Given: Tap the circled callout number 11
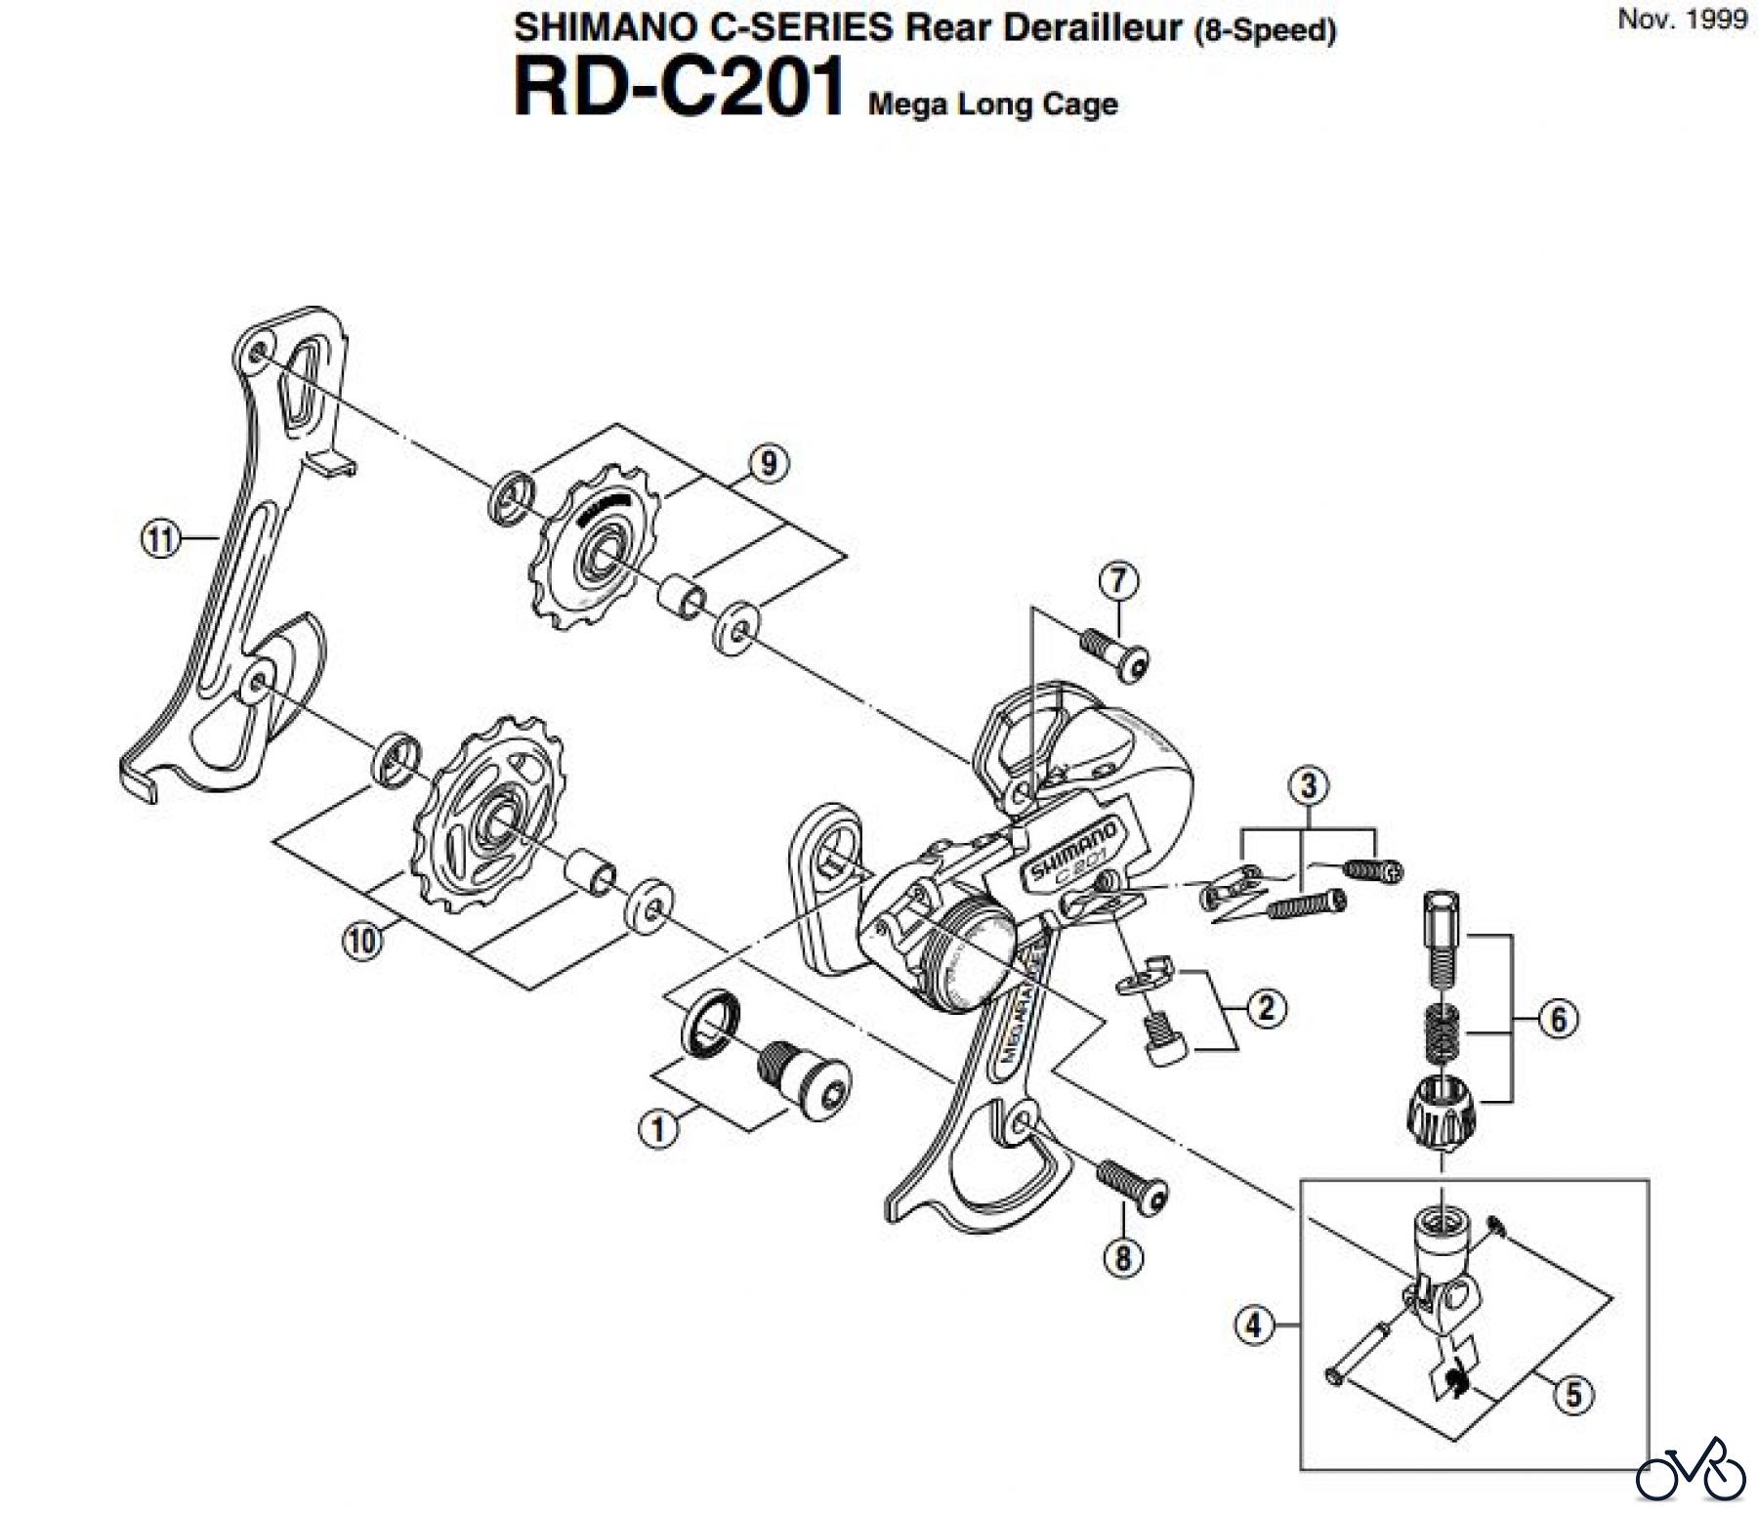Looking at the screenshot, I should tap(161, 538).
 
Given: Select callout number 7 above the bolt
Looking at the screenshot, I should tap(1118, 581).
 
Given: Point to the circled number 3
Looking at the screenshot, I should tap(1309, 785).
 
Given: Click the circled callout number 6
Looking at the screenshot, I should tap(1558, 1020).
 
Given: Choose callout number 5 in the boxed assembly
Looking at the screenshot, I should tap(1572, 1394).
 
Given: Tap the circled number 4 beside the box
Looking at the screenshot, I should tap(1254, 1325).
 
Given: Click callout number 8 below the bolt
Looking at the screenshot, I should tap(1123, 1257).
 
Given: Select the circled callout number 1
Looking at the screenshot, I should tap(658, 1129).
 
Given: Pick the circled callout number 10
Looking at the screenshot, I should tap(361, 942).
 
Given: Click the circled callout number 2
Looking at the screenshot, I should tap(1267, 1008).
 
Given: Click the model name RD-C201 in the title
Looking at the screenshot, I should tap(679, 88).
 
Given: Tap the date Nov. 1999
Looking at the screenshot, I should tap(1682, 20).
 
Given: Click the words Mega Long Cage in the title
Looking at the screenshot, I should tap(992, 104).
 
